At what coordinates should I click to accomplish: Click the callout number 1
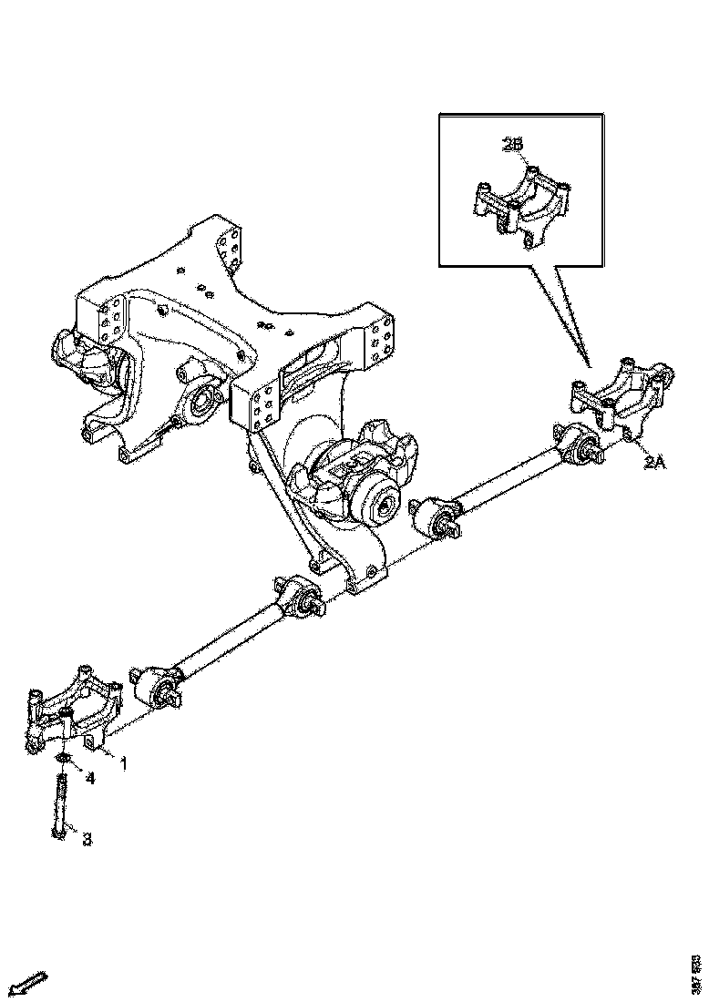[x=123, y=762]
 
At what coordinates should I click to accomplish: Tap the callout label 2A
[x=656, y=463]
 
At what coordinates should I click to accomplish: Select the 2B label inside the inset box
[x=512, y=144]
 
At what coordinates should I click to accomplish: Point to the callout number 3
[x=87, y=839]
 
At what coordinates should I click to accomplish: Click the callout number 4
[x=90, y=778]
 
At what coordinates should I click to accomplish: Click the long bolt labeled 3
[x=60, y=803]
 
